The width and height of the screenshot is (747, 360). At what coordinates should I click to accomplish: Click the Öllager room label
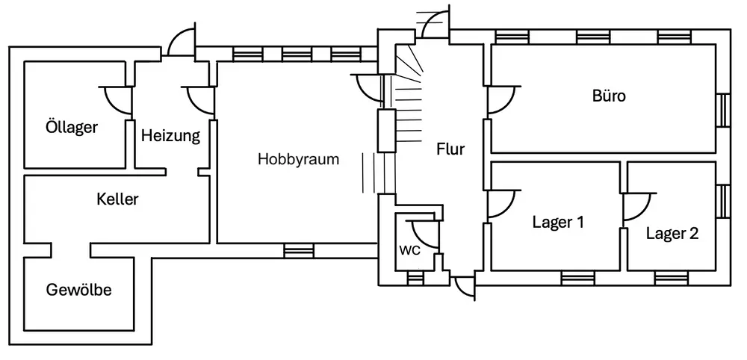[x=71, y=128]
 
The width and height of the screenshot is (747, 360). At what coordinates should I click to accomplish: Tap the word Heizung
[x=170, y=136]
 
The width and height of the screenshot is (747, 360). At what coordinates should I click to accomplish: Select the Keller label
[x=118, y=199]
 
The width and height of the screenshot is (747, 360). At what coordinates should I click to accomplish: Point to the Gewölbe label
[x=78, y=290]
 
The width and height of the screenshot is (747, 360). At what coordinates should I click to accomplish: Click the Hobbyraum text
[x=299, y=159]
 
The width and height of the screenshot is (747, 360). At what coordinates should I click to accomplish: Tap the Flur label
[x=450, y=149]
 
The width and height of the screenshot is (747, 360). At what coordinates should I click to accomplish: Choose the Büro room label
[x=609, y=96]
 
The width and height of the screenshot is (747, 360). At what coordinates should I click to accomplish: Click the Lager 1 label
[x=558, y=222]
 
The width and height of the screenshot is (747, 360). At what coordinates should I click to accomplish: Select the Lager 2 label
[x=672, y=234]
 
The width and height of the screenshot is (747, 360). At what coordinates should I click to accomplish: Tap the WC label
[x=410, y=250]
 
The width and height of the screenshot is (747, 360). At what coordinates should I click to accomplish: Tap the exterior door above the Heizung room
[x=180, y=44]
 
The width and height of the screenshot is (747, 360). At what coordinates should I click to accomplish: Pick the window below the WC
[x=414, y=279]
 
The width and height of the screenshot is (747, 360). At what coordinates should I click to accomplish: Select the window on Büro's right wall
[x=722, y=111]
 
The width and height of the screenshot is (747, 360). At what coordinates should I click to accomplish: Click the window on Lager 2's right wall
[x=722, y=200]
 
